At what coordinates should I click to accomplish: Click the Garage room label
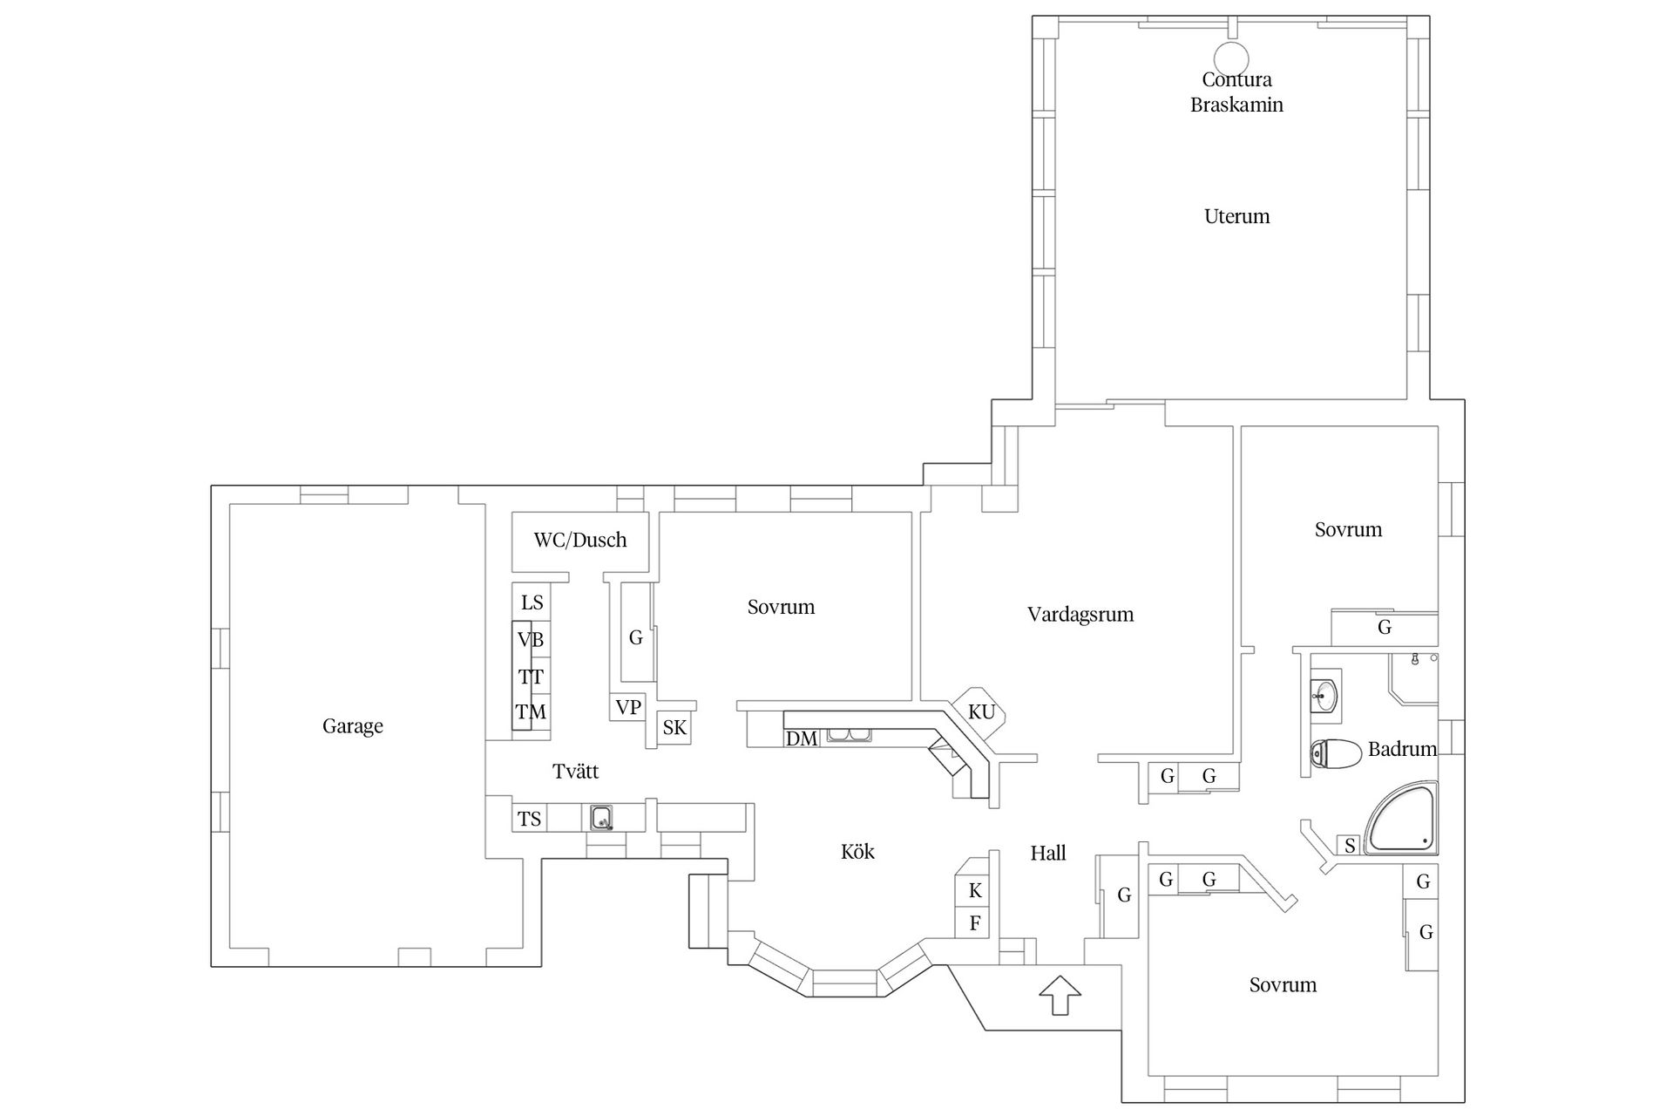(x=352, y=726)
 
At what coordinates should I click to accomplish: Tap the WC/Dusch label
(x=580, y=540)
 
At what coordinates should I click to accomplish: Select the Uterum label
(x=1236, y=216)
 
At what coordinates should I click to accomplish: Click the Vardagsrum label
(x=1080, y=615)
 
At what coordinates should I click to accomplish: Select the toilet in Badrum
(x=1336, y=754)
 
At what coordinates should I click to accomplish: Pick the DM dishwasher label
(x=802, y=738)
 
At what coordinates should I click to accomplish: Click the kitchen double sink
(x=849, y=735)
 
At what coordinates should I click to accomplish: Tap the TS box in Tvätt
(x=530, y=819)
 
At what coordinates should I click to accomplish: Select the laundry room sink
(x=601, y=818)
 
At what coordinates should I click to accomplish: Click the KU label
(x=981, y=712)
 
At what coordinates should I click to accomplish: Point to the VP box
(x=627, y=707)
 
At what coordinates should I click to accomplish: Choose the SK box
(x=674, y=727)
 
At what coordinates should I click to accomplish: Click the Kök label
(x=857, y=852)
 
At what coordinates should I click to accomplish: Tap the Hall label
(x=1048, y=854)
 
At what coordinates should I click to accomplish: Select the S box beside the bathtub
(x=1350, y=845)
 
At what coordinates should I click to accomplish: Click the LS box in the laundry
(x=532, y=602)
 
